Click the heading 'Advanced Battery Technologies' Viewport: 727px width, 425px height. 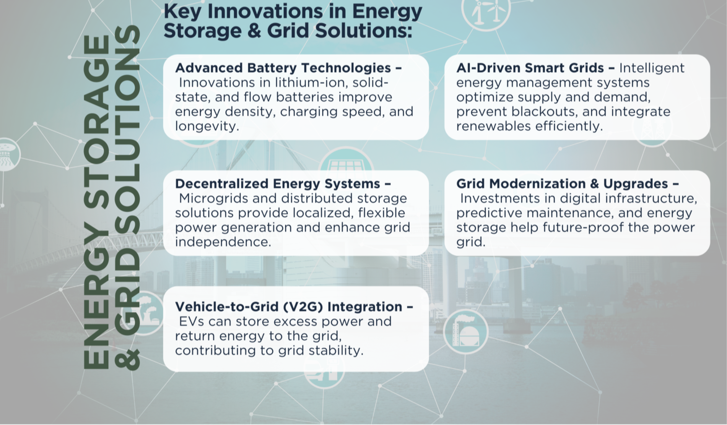(x=283, y=68)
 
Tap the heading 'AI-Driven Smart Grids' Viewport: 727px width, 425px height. (x=530, y=68)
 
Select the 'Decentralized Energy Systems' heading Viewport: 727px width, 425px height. (x=278, y=183)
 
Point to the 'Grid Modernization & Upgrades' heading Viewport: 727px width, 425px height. (x=562, y=183)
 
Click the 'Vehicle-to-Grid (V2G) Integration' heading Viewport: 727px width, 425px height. (x=289, y=307)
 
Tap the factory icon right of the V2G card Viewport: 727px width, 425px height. (x=466, y=331)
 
